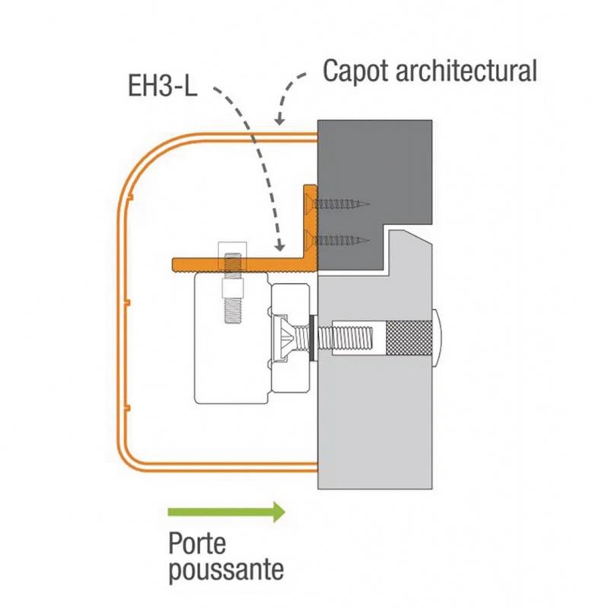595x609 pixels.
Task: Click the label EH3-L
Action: [x=163, y=85]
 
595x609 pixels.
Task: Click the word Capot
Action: [x=355, y=72]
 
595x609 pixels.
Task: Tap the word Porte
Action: [x=197, y=544]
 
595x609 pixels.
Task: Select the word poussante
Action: [x=226, y=570]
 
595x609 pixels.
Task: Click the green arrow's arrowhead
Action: [x=279, y=512]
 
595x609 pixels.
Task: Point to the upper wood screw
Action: [x=338, y=203]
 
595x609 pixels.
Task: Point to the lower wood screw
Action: [x=338, y=241]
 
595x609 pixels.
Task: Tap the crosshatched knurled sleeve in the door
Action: [x=409, y=337]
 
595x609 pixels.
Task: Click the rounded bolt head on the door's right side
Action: [x=436, y=337]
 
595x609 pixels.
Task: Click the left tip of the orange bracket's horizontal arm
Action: [x=173, y=264]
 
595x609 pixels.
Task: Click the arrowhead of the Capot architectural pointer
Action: [x=279, y=120]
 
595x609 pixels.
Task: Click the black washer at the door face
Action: [x=313, y=337]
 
